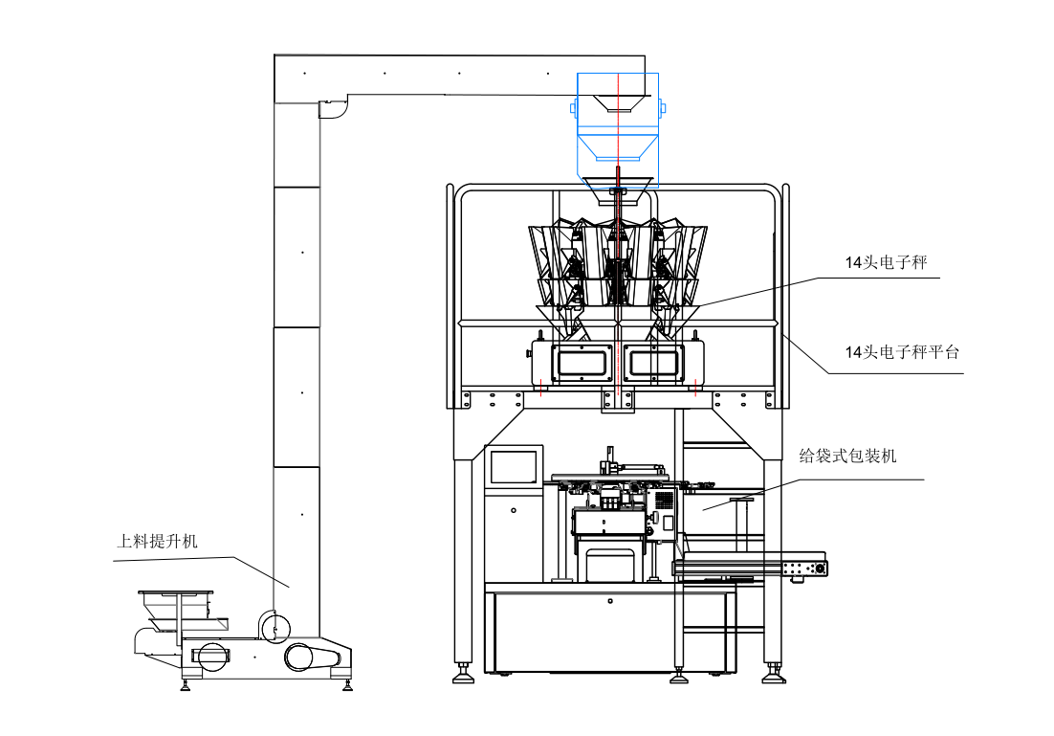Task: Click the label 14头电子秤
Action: pos(886,262)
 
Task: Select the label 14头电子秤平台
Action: pos(902,352)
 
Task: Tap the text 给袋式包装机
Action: pos(847,457)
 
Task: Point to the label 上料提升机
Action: pos(157,541)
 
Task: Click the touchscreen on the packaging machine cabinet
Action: pos(514,467)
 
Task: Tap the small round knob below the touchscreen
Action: pos(514,511)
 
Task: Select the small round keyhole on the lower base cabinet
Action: pos(609,601)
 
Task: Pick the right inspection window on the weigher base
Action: pos(654,364)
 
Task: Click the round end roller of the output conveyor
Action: pos(820,569)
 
